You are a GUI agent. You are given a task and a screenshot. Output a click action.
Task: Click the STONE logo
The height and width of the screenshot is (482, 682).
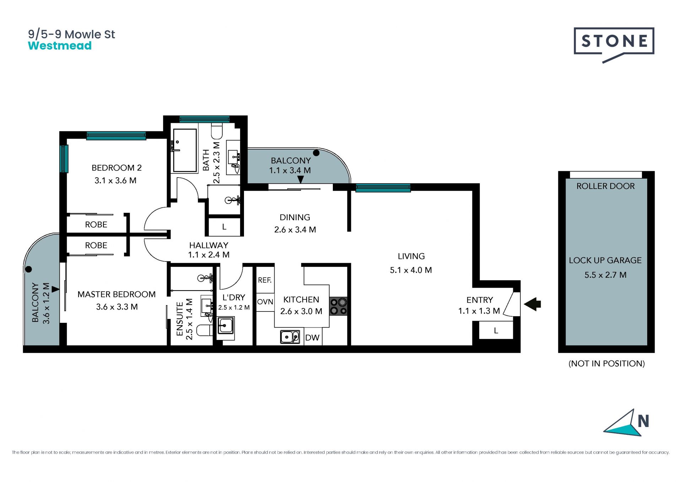(x=614, y=44)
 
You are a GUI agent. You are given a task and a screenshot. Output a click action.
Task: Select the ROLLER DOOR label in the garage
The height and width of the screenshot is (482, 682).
(x=605, y=186)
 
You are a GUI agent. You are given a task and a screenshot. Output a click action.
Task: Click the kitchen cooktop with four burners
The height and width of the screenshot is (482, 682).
(x=338, y=306)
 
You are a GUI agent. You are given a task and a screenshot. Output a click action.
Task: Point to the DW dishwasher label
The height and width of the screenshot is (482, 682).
(x=312, y=337)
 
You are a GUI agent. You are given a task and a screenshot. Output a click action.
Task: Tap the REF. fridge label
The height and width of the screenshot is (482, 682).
(x=265, y=280)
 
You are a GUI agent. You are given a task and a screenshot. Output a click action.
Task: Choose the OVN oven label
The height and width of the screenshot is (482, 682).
(x=265, y=302)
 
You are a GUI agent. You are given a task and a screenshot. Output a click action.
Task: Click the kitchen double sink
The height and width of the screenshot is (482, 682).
(x=290, y=337)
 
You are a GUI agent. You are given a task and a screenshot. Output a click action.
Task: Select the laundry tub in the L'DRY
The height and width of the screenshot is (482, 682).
(x=225, y=325)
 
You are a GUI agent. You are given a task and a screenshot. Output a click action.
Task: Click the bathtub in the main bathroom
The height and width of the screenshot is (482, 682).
(x=185, y=151)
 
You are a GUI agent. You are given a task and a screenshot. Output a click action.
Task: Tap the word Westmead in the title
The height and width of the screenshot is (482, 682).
(x=60, y=46)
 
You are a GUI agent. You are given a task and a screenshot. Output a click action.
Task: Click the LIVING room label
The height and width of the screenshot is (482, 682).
(x=411, y=256)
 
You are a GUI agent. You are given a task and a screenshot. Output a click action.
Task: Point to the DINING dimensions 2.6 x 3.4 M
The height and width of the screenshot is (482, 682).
(x=295, y=230)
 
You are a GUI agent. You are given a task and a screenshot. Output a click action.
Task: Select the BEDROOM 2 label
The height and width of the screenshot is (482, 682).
(x=117, y=168)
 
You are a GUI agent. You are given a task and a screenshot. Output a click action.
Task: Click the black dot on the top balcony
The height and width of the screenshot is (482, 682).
(x=316, y=153)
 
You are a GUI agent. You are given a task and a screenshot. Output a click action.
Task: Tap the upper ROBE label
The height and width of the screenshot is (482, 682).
(x=96, y=224)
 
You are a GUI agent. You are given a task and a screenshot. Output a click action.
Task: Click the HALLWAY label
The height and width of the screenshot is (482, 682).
(x=209, y=245)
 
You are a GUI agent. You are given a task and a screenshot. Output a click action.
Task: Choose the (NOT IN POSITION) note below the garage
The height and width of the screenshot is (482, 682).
(x=607, y=363)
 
